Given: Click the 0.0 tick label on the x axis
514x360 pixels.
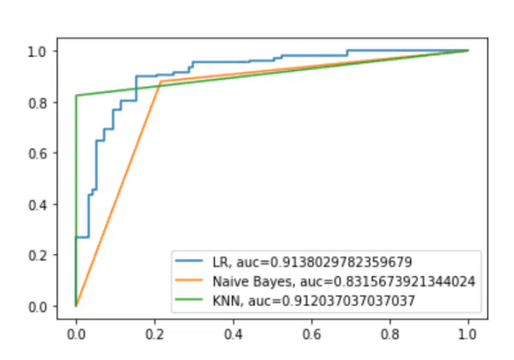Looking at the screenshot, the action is pyautogui.click(x=76, y=335).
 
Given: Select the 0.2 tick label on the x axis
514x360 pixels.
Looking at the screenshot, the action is pyautogui.click(x=154, y=335).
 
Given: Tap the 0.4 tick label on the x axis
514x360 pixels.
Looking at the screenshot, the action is pyautogui.click(x=233, y=335).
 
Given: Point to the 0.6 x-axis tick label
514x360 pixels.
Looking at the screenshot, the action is pyautogui.click(x=311, y=335).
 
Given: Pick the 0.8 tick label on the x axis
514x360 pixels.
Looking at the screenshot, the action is pyautogui.click(x=390, y=335).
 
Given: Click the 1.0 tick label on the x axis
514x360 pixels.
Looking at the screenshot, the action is pyautogui.click(x=467, y=335).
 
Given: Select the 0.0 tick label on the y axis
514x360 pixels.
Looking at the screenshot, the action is pyautogui.click(x=38, y=307).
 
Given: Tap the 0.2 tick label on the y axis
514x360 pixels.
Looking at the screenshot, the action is pyautogui.click(x=38, y=256).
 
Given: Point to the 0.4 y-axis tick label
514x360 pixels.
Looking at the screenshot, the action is pyautogui.click(x=38, y=205).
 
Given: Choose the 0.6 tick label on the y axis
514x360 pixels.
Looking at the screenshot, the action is pyautogui.click(x=38, y=154).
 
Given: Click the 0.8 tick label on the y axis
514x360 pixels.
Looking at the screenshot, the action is pyautogui.click(x=38, y=102).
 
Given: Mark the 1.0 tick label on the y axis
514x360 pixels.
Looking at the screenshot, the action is pyautogui.click(x=38, y=51).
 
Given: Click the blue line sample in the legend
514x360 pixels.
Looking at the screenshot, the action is pyautogui.click(x=189, y=261).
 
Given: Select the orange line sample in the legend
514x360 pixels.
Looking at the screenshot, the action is pyautogui.click(x=189, y=280).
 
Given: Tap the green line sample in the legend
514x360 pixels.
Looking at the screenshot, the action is pyautogui.click(x=189, y=299).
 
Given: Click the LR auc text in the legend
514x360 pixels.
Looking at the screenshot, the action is pyautogui.click(x=312, y=262).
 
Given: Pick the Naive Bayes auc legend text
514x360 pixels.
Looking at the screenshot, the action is pyautogui.click(x=344, y=282).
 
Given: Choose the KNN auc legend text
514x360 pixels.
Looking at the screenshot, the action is pyautogui.click(x=314, y=300).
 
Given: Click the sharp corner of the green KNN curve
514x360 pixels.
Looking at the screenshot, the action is pyautogui.click(x=76, y=95).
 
